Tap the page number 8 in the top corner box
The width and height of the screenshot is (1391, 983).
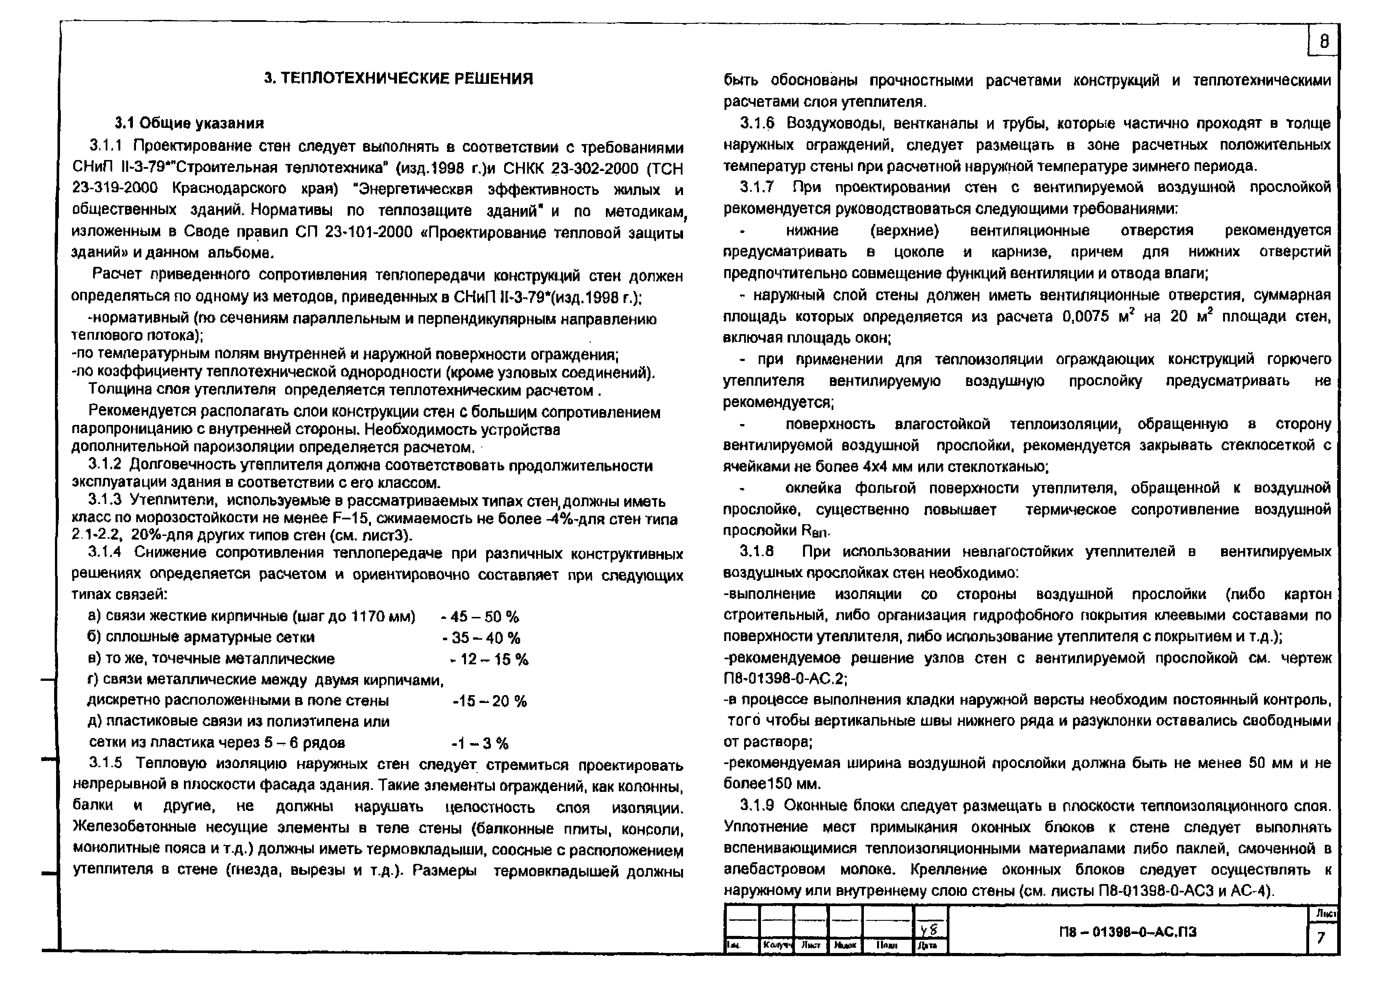coord(1324,41)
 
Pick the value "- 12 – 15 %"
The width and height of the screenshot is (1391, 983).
coord(489,659)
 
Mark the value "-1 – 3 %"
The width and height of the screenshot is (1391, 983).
coord(480,743)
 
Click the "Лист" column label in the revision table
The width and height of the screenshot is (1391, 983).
coord(811,945)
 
